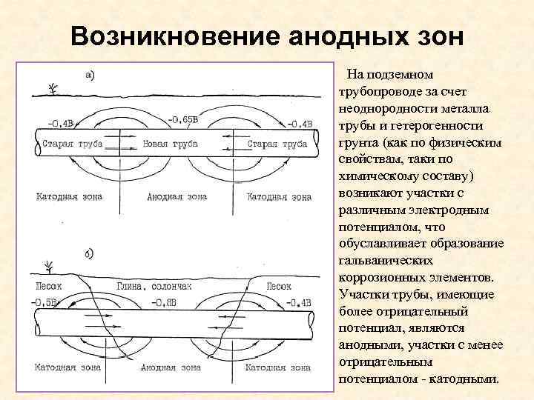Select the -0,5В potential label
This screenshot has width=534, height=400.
click(x=48, y=301)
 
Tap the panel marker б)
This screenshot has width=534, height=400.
click(x=90, y=254)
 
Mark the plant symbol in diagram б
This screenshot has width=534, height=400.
click(x=50, y=266)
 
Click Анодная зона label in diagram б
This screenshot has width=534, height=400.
click(x=171, y=367)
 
